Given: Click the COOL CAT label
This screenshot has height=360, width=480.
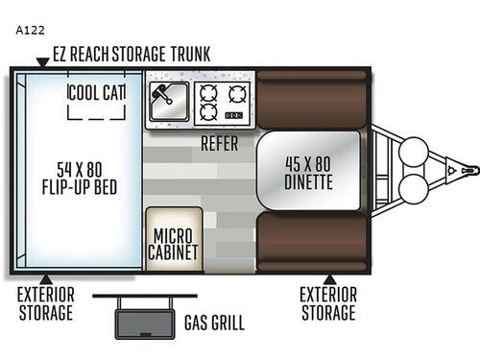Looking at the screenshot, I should pyautogui.click(x=97, y=92).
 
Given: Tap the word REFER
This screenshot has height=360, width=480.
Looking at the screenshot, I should pyautogui.click(x=220, y=144).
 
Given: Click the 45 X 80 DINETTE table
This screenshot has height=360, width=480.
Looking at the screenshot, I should pyautogui.click(x=307, y=171).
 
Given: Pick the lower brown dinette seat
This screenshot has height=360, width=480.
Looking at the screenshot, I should pyautogui.click(x=309, y=243).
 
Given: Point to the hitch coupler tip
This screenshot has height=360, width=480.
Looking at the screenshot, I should pyautogui.click(x=469, y=169).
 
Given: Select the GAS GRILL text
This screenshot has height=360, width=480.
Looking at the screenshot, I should pyautogui.click(x=213, y=323).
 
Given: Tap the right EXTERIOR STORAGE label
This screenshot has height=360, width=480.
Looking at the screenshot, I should pyautogui.click(x=327, y=303).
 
